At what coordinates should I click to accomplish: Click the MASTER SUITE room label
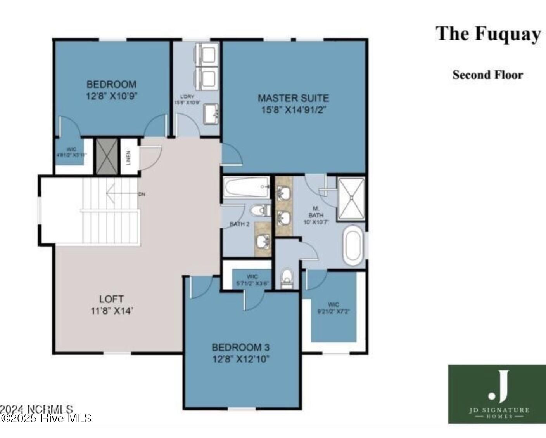[x=293, y=98]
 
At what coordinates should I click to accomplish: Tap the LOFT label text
[x=111, y=299]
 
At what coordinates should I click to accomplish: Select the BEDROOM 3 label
[x=240, y=347]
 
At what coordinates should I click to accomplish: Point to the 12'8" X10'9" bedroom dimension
[x=112, y=96]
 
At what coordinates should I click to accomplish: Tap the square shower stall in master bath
[x=351, y=199]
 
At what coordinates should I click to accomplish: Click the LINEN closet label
[x=128, y=157]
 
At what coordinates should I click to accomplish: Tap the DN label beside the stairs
[x=142, y=194]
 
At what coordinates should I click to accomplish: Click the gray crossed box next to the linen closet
[x=107, y=156]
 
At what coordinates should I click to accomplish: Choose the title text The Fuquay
[x=488, y=33]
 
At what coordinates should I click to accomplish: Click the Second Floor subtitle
[x=487, y=75]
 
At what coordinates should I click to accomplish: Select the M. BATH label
[x=316, y=215]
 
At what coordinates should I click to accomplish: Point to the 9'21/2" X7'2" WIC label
[x=333, y=308]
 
